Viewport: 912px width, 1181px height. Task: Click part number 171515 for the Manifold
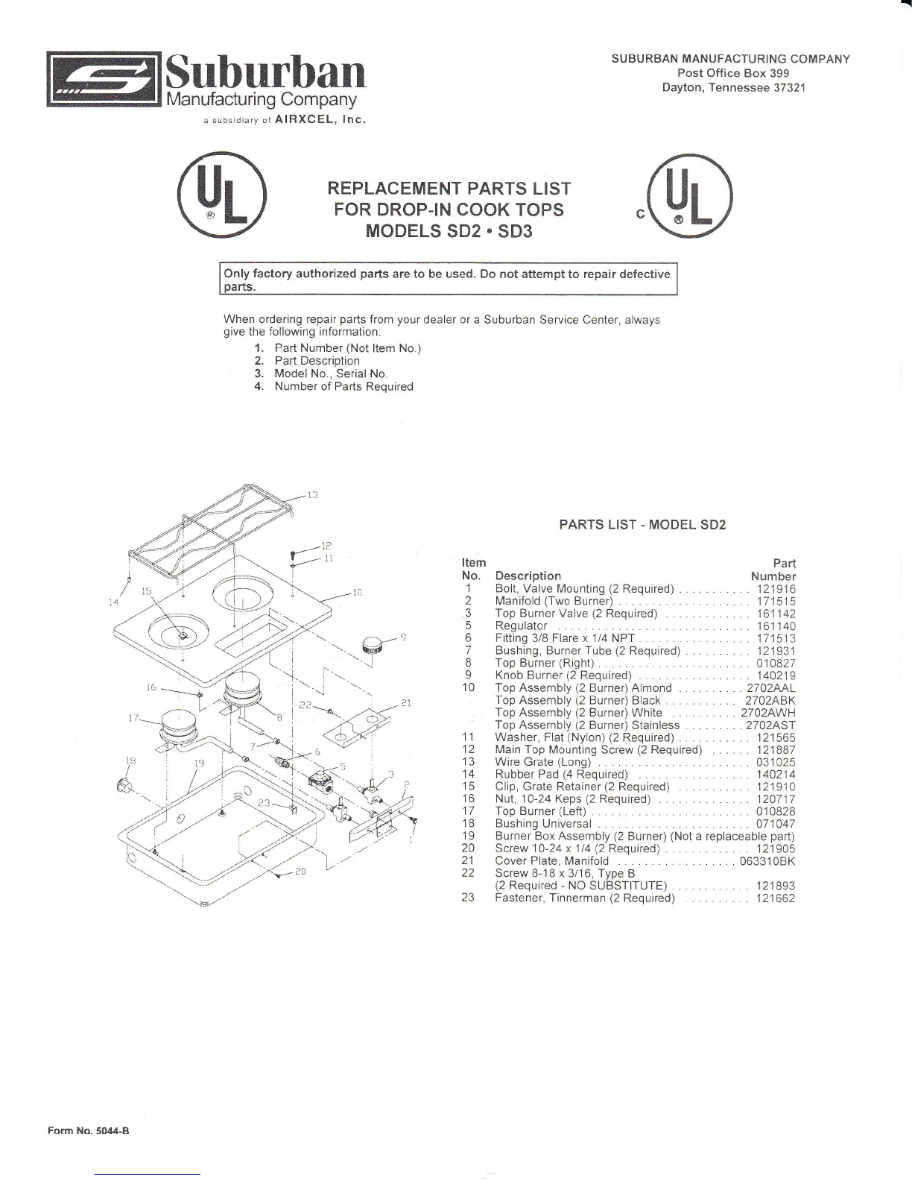pos(776,601)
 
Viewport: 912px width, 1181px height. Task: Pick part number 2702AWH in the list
pos(768,713)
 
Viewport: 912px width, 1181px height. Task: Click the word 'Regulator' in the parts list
pos(521,626)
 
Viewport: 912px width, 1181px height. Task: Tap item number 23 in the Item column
pos(468,898)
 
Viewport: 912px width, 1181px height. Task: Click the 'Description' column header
pos(528,576)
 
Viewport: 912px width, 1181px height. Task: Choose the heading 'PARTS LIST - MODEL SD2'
pos(642,525)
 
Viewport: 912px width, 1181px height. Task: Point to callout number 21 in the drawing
pos(406,702)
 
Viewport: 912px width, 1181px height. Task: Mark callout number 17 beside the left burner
pos(135,719)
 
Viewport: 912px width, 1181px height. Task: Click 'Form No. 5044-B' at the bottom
pos(89,1130)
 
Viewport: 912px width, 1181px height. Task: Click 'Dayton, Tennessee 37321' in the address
pos(734,87)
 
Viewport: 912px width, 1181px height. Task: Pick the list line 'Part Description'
pos(317,361)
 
